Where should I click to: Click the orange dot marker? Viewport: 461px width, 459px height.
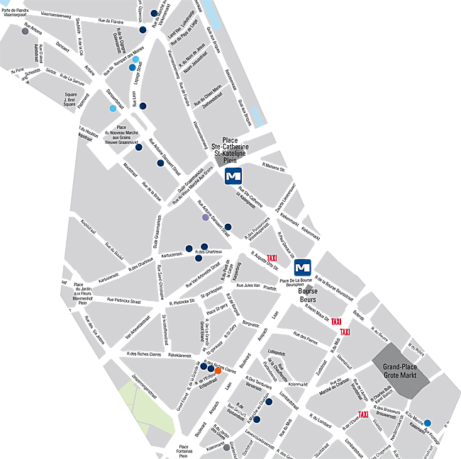click(x=218, y=370)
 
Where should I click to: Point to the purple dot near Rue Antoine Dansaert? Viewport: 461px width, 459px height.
click(x=206, y=217)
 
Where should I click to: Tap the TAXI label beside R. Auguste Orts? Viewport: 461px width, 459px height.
click(x=272, y=259)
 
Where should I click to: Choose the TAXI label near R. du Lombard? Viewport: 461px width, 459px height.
click(x=363, y=414)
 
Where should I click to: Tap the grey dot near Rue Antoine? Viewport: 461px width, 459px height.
click(x=25, y=31)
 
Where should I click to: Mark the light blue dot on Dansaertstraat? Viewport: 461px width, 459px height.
click(x=113, y=108)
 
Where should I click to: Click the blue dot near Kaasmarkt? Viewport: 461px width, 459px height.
click(x=427, y=424)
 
